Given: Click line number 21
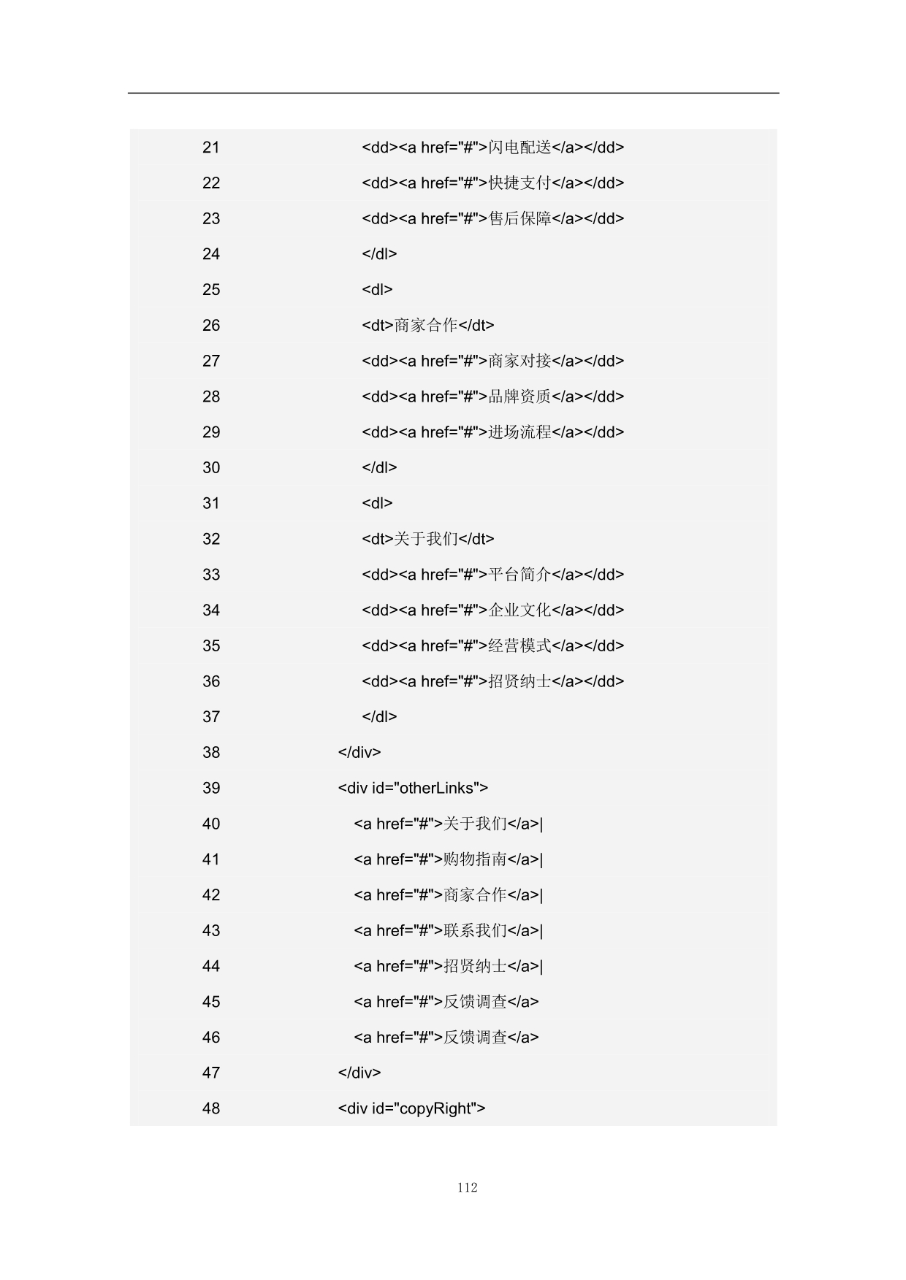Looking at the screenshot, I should point(211,147).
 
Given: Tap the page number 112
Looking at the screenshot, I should point(467,1187).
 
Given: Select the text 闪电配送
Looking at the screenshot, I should point(519,147).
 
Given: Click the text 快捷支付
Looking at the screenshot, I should point(519,183).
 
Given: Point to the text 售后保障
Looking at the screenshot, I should point(519,219).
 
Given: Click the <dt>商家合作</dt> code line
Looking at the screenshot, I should point(427,326).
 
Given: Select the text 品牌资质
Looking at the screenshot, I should point(519,396).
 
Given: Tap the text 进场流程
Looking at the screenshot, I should point(519,432).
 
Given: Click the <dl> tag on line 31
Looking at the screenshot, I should point(377,503).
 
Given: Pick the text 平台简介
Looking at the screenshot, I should point(519,575).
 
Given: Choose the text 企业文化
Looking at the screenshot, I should point(519,610).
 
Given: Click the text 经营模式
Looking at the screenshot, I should point(519,646).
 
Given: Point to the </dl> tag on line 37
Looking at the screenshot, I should point(379,717).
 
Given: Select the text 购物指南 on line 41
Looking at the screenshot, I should point(475,859).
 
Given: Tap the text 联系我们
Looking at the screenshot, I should point(475,931).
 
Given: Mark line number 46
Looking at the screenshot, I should point(211,1038).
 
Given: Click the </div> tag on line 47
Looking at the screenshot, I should point(359,1073).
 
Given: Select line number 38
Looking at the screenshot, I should point(211,753).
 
